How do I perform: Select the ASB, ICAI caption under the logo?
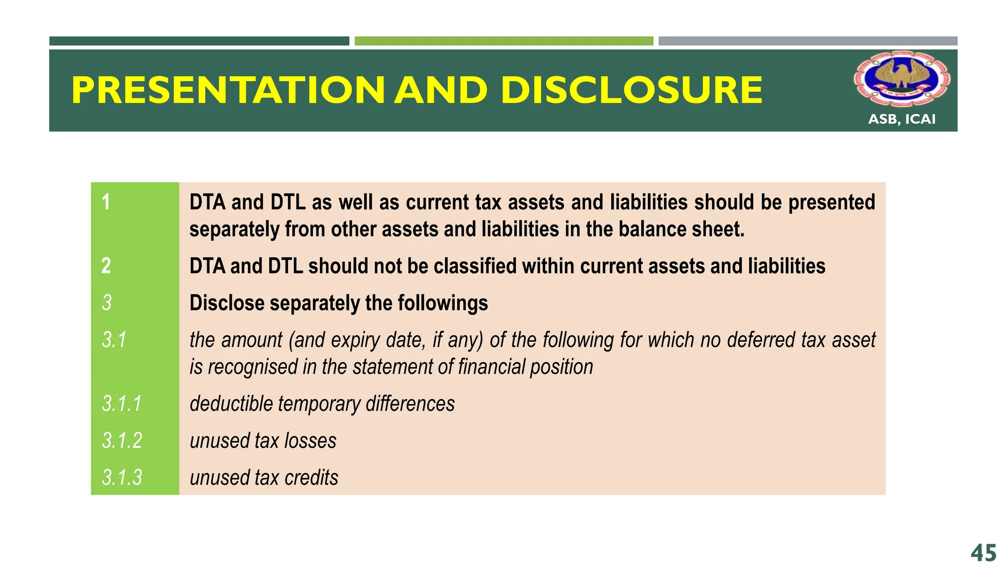(x=902, y=119)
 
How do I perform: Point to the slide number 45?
(x=983, y=553)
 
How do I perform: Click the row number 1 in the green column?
(x=106, y=202)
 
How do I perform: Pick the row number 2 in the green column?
(x=106, y=266)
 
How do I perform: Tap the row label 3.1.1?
(x=122, y=404)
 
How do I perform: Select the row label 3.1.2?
(x=122, y=441)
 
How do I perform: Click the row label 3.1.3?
(x=122, y=477)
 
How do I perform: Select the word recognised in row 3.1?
(x=252, y=367)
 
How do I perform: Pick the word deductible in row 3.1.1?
(x=231, y=404)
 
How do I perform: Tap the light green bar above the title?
(x=504, y=41)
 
